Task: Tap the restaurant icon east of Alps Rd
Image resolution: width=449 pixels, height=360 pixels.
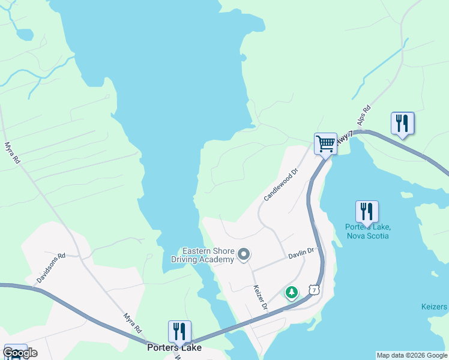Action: (x=402, y=124)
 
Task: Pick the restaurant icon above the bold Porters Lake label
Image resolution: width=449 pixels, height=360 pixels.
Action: (x=179, y=331)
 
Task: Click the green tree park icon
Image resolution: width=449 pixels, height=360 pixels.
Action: (x=291, y=293)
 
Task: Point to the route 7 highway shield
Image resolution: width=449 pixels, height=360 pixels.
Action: (x=313, y=290)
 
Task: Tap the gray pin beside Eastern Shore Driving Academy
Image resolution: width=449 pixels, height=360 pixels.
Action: (x=243, y=255)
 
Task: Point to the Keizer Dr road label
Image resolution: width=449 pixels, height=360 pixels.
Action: (x=259, y=297)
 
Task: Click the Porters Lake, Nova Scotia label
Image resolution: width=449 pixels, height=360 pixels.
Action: (x=367, y=231)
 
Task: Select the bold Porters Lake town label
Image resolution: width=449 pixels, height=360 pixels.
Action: (x=174, y=347)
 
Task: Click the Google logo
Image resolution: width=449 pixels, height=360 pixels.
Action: (x=20, y=352)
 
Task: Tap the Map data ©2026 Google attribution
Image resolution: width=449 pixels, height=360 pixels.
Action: (x=412, y=355)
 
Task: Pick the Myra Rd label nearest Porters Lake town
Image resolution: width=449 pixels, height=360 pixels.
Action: (x=132, y=323)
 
